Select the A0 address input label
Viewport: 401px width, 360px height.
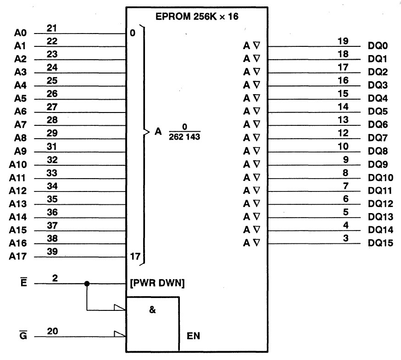21,33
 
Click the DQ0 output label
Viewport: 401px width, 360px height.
378,46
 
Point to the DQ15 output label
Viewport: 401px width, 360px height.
380,243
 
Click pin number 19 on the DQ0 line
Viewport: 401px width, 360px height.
342,41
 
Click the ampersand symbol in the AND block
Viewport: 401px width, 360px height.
152,309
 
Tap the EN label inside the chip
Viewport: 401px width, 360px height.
193,336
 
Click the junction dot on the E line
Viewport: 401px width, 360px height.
87,284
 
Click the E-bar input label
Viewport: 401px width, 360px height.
24,283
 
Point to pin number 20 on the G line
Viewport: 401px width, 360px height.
52,331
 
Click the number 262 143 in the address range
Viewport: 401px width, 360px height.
185,137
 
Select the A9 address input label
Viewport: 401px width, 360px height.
21,151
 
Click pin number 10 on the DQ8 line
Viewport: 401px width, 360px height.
342,146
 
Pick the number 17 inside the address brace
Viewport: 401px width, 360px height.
134,256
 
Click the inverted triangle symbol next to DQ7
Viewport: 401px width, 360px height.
256,138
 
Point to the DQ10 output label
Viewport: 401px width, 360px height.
380,177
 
